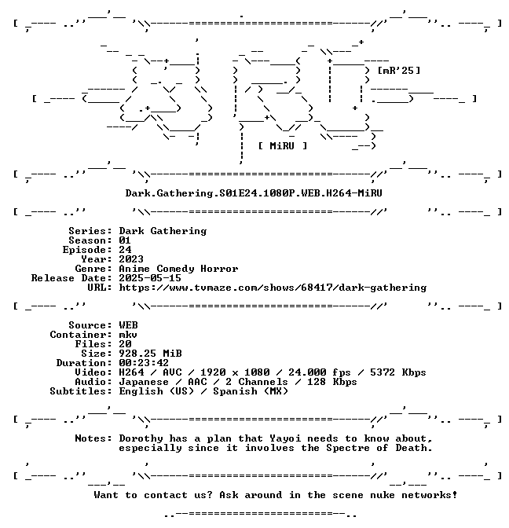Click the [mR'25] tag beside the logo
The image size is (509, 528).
[399, 71]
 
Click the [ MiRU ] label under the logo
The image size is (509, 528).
[283, 146]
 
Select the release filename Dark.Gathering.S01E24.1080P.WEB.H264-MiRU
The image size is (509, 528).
[254, 193]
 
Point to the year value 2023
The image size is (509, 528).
[131, 259]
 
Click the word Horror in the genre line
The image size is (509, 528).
[219, 269]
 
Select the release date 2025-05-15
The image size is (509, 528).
[150, 278]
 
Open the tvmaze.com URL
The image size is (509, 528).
[273, 288]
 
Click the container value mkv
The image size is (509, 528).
[128, 335]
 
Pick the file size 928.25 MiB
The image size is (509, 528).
[150, 354]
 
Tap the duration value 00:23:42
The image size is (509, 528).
[144, 363]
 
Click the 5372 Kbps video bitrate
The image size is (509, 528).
[398, 372]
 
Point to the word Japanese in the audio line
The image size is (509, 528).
[144, 382]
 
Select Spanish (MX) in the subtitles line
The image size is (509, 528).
[251, 391]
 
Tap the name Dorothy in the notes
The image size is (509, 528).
[141, 438]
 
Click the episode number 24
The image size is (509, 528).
[125, 250]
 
